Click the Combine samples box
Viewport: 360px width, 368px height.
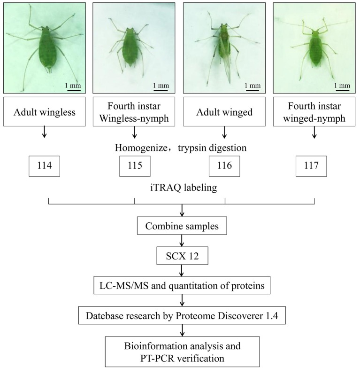pyautogui.click(x=182, y=227)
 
